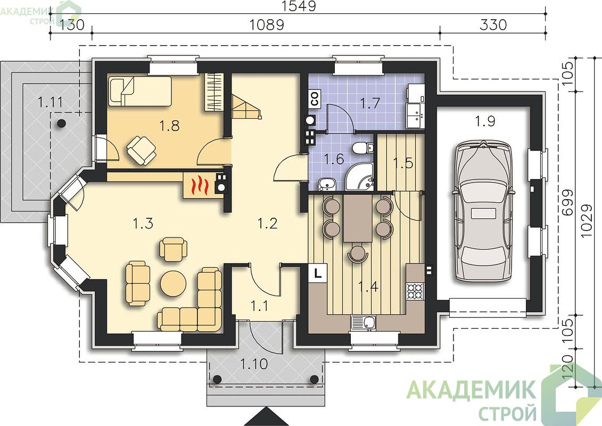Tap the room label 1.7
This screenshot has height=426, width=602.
[370, 103]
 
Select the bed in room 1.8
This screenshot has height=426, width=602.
[139, 91]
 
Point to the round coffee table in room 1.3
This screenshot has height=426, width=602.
[173, 283]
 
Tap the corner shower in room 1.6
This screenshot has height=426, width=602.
[359, 176]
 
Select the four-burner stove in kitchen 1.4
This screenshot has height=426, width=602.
[415, 291]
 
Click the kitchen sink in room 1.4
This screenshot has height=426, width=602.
[363, 323]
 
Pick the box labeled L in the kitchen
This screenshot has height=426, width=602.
[318, 273]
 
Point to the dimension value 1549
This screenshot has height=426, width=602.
[299, 6]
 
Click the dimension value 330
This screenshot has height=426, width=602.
[493, 24]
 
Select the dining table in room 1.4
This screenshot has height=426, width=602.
[358, 218]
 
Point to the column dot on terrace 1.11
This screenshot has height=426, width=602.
[61, 124]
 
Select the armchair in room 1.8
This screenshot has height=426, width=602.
[141, 151]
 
